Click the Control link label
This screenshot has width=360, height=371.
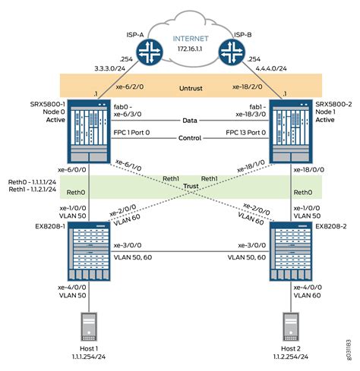pos(187,139)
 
